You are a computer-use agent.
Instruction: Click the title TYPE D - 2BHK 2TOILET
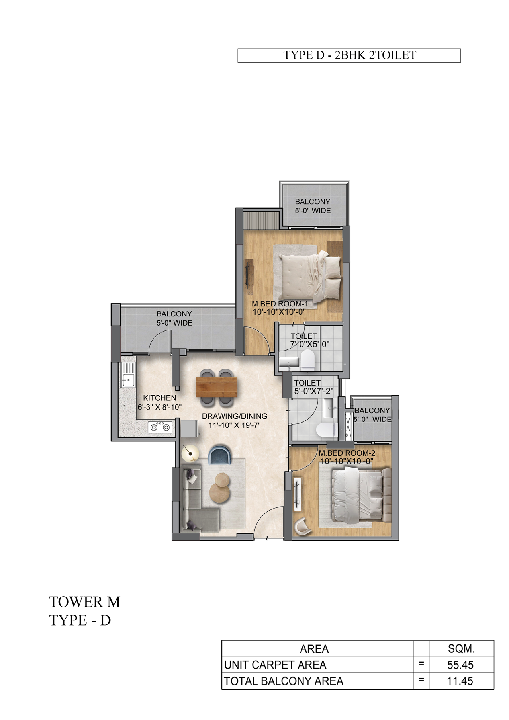[350, 55]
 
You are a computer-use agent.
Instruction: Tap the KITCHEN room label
[160, 398]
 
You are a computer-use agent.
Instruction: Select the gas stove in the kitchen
[161, 427]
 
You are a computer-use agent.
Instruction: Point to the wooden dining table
[217, 387]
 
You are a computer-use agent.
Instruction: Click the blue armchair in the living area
[220, 455]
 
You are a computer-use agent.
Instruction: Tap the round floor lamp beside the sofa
[190, 453]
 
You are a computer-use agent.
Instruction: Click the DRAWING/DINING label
[235, 416]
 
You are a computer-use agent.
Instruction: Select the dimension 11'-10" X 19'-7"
[235, 425]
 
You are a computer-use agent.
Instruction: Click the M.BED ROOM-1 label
[280, 304]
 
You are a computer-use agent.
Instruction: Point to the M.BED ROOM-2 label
[347, 453]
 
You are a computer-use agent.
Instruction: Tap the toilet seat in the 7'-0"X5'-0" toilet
[307, 359]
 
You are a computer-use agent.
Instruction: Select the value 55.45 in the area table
[460, 665]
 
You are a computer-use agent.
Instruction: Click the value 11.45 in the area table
[460, 681]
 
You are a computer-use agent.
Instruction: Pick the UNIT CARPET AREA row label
[275, 665]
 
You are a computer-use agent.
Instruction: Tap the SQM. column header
[461, 649]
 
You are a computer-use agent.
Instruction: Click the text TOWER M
[84, 602]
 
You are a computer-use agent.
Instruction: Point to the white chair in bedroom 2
[302, 526]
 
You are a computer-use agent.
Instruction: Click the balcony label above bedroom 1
[313, 206]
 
